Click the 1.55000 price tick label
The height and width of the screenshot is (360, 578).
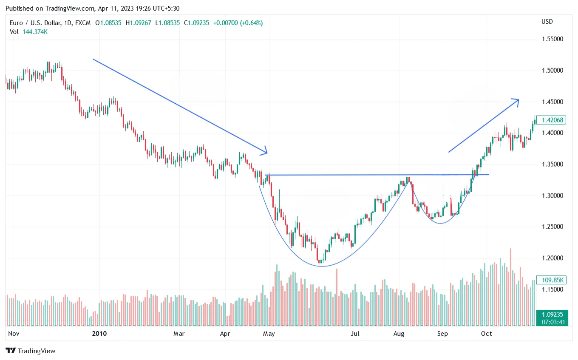click(552, 39)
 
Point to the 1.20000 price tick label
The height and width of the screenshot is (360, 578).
click(552, 258)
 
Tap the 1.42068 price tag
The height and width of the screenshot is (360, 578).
click(551, 120)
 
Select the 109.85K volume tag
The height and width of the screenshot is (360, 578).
click(551, 280)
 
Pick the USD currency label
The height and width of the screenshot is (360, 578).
click(547, 22)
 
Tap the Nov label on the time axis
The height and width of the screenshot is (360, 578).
click(14, 334)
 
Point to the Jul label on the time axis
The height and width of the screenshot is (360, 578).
click(355, 334)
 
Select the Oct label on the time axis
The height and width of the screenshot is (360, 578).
click(487, 334)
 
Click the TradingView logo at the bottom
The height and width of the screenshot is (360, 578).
click(31, 351)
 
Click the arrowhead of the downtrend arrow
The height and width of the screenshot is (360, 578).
click(266, 152)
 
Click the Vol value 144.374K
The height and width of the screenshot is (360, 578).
click(35, 31)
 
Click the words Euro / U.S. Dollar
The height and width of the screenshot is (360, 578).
click(35, 23)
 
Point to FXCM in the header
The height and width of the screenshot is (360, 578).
click(82, 23)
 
